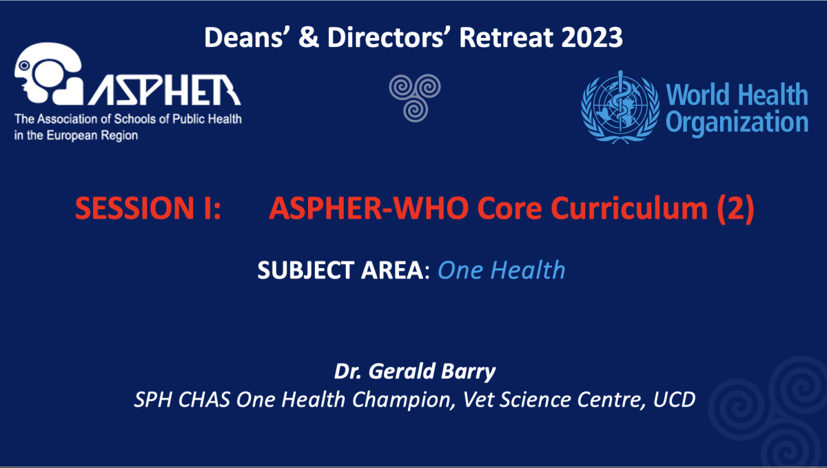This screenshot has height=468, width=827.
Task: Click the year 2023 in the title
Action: pos(592,37)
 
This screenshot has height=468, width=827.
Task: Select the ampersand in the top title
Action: pos(309,37)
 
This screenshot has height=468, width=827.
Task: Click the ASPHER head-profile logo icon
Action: pos(48,74)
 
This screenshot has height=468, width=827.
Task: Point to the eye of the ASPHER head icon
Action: pos(24,65)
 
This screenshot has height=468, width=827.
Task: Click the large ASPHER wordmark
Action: pos(165,90)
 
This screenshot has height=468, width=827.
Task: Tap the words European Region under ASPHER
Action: pos(92,136)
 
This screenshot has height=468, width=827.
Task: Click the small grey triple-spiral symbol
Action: pos(415,97)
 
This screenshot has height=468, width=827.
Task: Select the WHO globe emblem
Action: pos(620,107)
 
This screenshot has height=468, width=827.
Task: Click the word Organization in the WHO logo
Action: pos(737,123)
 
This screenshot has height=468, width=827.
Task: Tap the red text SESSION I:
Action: pos(148,208)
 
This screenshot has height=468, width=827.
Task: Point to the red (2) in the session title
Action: pos(735,209)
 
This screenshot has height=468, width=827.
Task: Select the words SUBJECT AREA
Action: pos(340,270)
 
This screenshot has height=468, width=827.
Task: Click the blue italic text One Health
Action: pos(502,270)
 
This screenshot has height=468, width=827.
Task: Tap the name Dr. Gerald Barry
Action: pos(415,372)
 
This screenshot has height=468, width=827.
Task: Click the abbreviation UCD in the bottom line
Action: pos(674,399)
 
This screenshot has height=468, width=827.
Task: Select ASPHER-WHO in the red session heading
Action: pos(369,208)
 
